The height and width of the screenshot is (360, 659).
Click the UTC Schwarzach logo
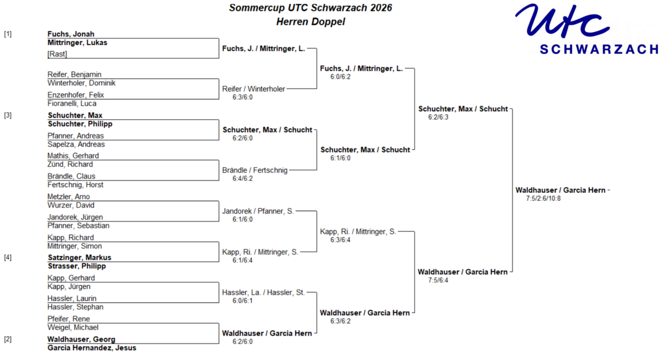click(x=587, y=29)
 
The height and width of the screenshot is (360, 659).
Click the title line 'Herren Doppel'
click(x=311, y=22)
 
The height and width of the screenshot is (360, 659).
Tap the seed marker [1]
click(x=8, y=34)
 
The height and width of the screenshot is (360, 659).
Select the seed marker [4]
click(x=8, y=258)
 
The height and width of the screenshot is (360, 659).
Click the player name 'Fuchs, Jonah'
click(x=71, y=34)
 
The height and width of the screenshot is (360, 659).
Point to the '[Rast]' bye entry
click(x=57, y=54)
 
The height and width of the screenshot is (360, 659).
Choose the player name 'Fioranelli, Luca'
click(x=72, y=103)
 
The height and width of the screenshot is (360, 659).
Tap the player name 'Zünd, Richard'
click(x=70, y=164)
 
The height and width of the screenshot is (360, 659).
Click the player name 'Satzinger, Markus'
click(x=80, y=258)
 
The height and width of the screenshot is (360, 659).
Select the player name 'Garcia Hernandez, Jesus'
click(x=92, y=348)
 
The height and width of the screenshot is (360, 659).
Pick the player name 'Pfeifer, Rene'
click(x=69, y=319)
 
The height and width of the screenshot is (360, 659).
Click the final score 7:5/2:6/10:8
click(x=544, y=199)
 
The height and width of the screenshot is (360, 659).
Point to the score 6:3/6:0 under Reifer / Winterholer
click(x=243, y=98)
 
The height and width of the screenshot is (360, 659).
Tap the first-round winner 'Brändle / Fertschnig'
click(x=255, y=170)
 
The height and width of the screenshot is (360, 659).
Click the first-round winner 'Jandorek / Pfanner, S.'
click(x=258, y=211)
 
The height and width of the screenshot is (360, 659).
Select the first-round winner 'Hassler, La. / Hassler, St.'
click(x=263, y=293)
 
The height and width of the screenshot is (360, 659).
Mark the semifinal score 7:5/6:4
click(x=438, y=280)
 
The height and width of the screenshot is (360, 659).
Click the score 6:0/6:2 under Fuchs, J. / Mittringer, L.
click(x=341, y=77)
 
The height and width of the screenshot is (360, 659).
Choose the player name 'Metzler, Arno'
click(x=69, y=197)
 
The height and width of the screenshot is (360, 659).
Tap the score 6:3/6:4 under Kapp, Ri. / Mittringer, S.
click(x=341, y=240)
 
